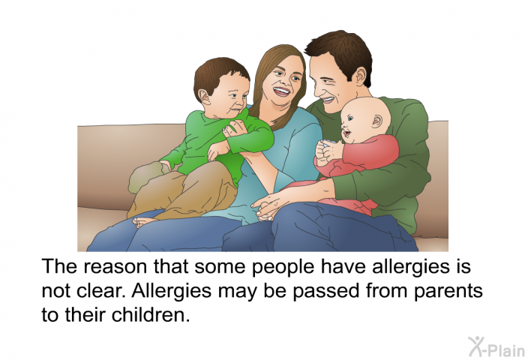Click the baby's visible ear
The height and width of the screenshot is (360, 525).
[x=376, y=121]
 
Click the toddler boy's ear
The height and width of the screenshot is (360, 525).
[x=203, y=97]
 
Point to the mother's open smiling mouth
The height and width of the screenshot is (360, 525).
[x=282, y=91]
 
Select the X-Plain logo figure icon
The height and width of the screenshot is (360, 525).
[x=475, y=346]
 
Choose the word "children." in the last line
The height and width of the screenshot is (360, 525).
[x=151, y=315]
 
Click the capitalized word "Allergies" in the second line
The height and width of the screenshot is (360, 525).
[x=171, y=291]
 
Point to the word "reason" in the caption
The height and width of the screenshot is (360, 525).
[x=115, y=268]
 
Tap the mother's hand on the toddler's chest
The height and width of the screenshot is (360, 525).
[x=235, y=130]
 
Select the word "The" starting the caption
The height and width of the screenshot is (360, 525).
[x=59, y=266]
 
